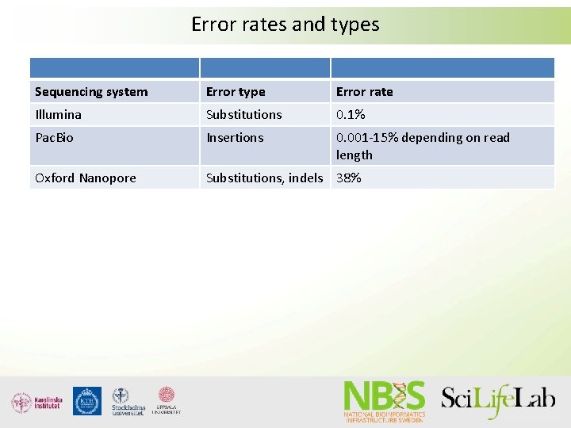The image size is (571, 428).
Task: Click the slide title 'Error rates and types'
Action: pos(285,25)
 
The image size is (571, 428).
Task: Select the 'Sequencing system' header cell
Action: pos(91,92)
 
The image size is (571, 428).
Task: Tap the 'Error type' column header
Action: pos(236,92)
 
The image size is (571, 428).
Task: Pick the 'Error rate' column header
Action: pos(364,92)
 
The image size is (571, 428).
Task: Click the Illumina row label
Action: pos(58,115)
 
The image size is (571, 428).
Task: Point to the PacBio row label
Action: pos(54,138)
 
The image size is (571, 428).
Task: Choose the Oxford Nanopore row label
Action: pos(86,178)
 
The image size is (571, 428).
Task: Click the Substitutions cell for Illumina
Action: pos(243,115)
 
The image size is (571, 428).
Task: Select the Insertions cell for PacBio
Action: pos(235,138)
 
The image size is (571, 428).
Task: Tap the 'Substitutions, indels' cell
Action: pos(264,178)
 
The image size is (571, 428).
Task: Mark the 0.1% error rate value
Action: pos(349,115)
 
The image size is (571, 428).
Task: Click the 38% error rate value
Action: pos(348,178)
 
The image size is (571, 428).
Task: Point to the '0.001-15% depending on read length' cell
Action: pos(423,146)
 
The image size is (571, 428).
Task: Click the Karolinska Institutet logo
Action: pos(36,402)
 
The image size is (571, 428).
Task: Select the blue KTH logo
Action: pos(87,401)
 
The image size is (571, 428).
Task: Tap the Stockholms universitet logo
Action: pos(127,402)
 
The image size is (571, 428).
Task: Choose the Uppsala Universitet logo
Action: pos(167,401)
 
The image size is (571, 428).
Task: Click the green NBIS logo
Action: pos(385,401)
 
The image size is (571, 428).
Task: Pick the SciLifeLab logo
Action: pos(498,399)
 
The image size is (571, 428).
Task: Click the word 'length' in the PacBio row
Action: pos(354,155)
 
